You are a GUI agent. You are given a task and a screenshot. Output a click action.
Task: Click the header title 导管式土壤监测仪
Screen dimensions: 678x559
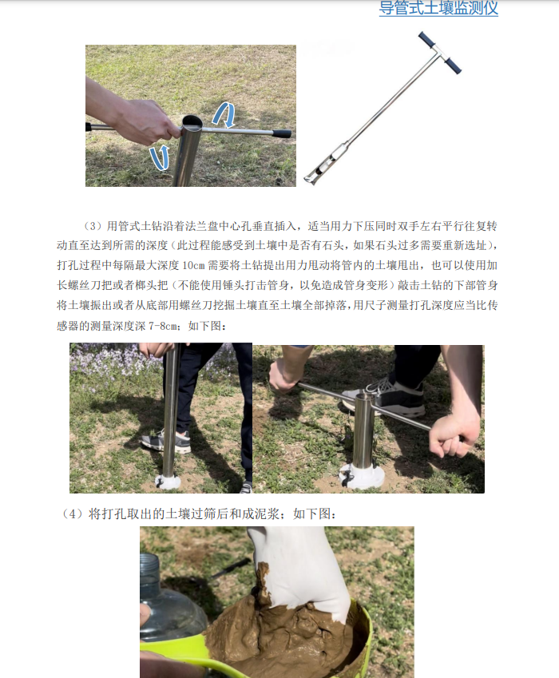click(438, 10)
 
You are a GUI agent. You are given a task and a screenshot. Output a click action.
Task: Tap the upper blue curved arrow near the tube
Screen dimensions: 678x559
click(224, 115)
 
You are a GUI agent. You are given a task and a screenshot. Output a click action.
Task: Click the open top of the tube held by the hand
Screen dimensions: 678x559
click(192, 122)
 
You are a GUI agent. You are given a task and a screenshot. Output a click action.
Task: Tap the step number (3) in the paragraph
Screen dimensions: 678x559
click(93, 225)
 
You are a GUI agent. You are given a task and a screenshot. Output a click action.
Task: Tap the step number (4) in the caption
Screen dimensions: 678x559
click(73, 514)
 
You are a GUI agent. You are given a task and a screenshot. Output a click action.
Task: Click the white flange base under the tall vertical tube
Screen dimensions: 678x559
click(169, 482)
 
